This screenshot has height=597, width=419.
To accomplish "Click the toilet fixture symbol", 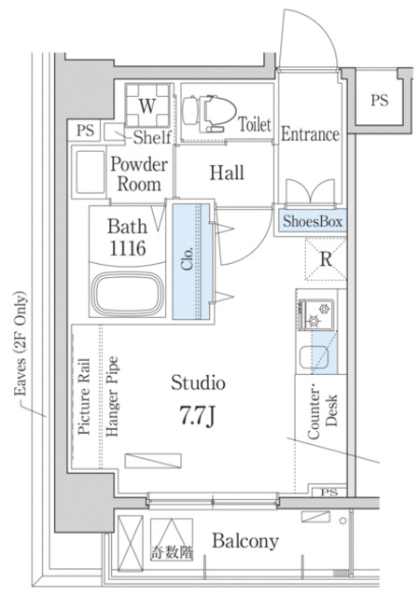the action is (207, 113).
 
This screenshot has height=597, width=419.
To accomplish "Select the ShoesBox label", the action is (313, 221).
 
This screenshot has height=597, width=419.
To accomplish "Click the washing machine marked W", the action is (147, 105).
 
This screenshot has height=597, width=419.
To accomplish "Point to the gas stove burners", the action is (316, 314).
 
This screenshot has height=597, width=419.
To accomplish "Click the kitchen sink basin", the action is (314, 357).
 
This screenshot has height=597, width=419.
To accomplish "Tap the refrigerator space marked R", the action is (326, 259).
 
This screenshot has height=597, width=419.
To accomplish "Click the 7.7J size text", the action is (197, 416).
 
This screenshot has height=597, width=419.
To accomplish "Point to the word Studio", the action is (198, 382).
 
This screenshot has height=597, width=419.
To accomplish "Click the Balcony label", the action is (245, 541).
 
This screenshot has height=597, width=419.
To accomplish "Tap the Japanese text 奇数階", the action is (172, 552).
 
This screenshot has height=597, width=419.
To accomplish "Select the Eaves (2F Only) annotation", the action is (21, 343).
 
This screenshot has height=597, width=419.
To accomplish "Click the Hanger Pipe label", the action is (112, 396).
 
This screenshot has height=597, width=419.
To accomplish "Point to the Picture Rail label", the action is (84, 396).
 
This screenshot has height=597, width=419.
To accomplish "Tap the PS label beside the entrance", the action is (380, 100).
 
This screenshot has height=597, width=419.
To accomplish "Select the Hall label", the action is (227, 173).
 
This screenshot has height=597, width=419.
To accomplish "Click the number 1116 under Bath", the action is (128, 248).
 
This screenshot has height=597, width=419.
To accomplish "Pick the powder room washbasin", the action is (90, 172).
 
